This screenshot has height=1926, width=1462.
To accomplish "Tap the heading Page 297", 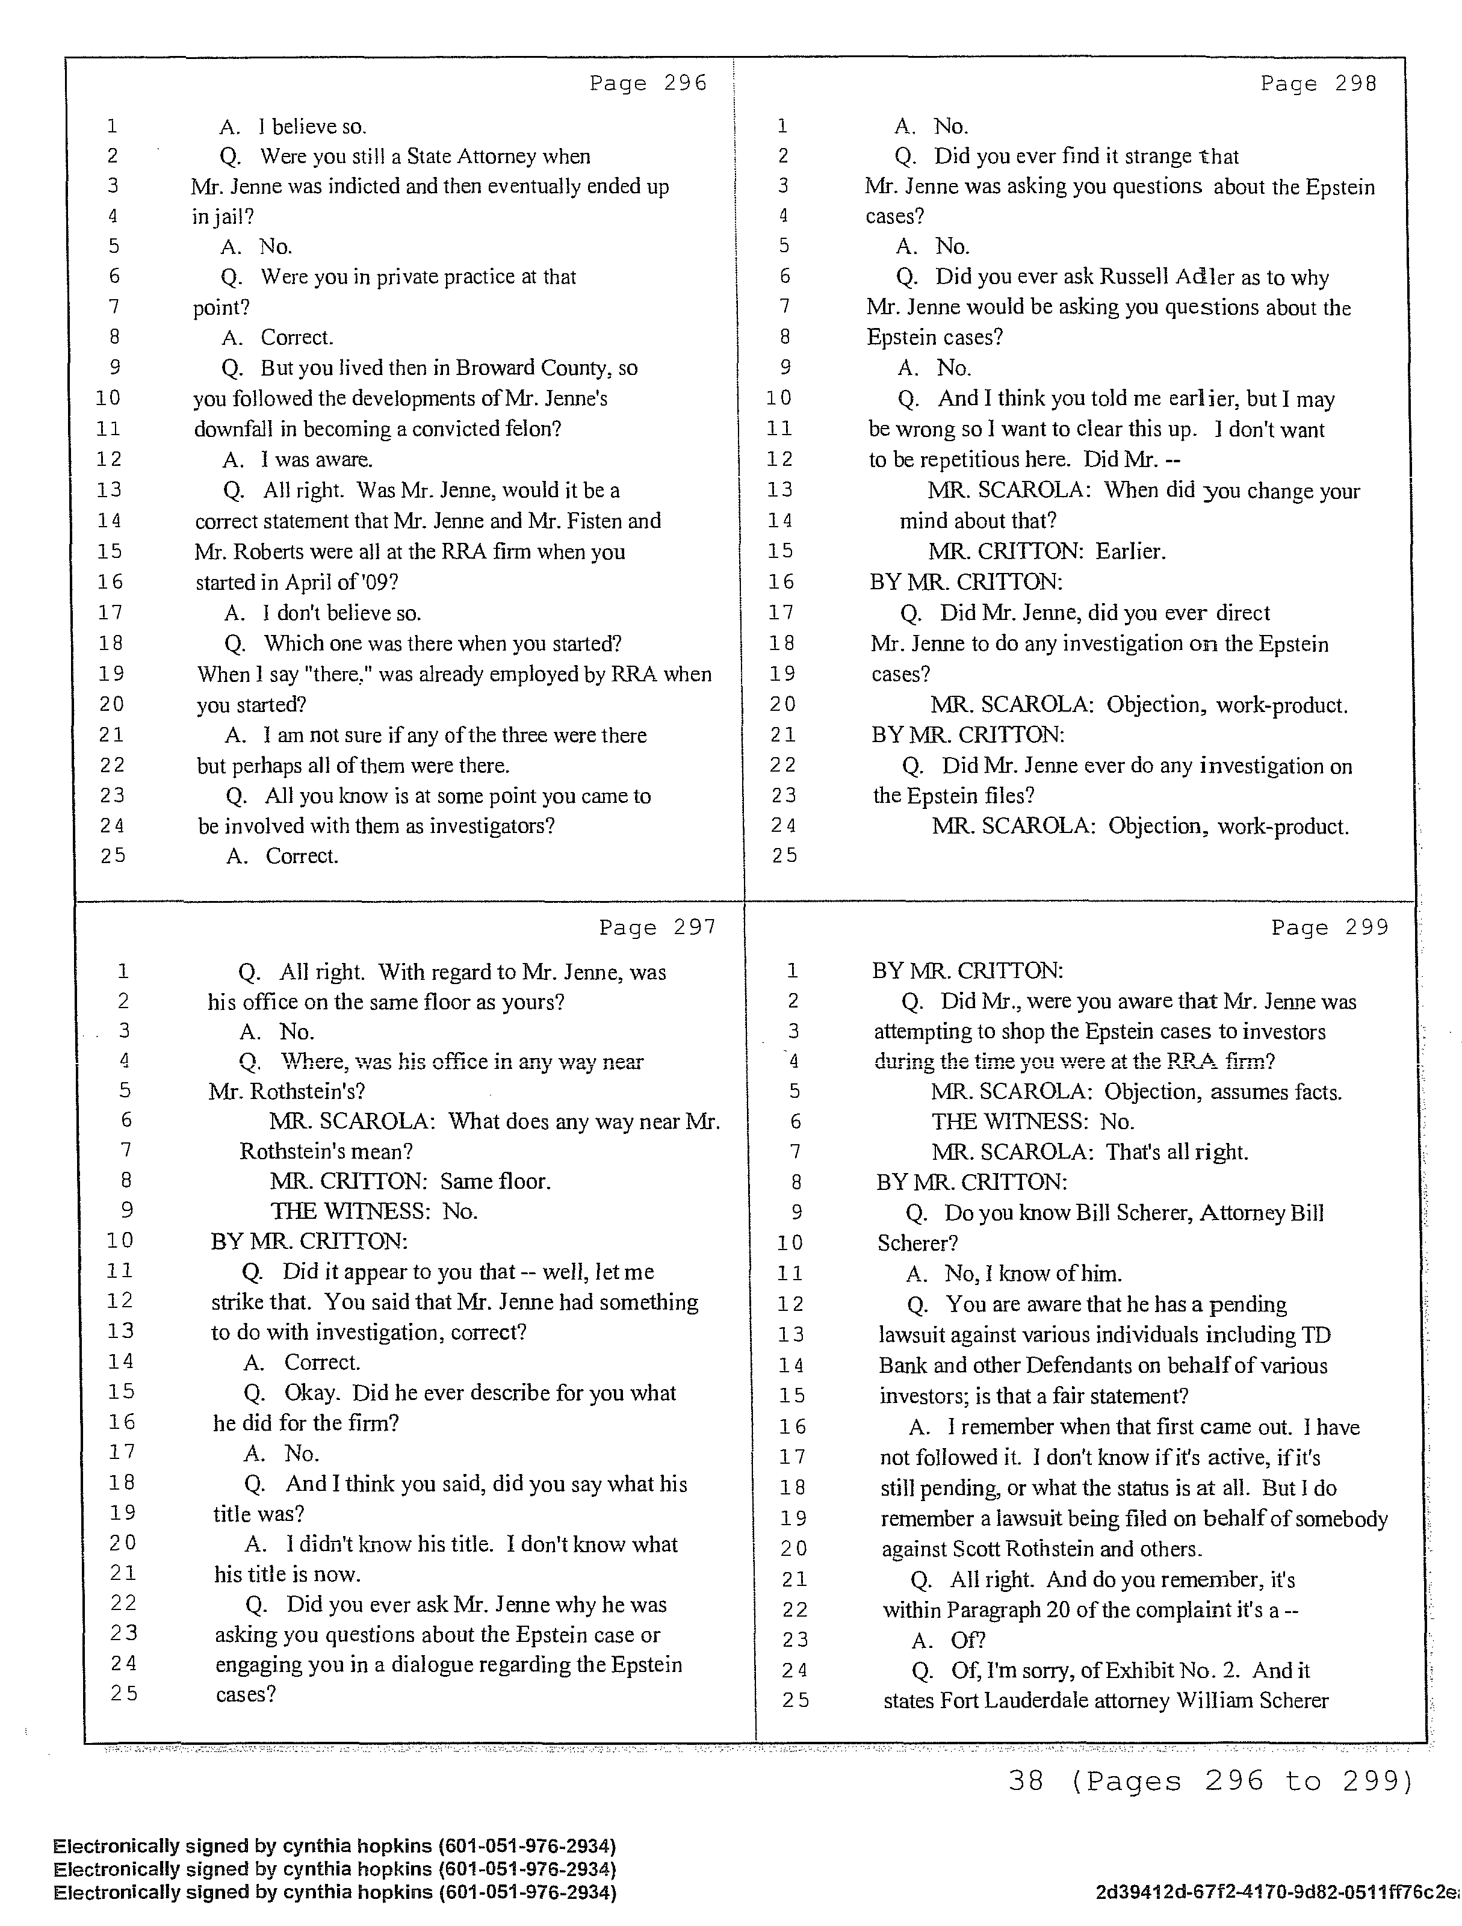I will click(657, 927).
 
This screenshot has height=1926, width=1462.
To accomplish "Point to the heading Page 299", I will click(1330, 927).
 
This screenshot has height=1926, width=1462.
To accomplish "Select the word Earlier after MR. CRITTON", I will click(1130, 551).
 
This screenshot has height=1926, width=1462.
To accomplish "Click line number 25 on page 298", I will click(784, 856).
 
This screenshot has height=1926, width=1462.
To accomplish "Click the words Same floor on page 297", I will click(495, 1181).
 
